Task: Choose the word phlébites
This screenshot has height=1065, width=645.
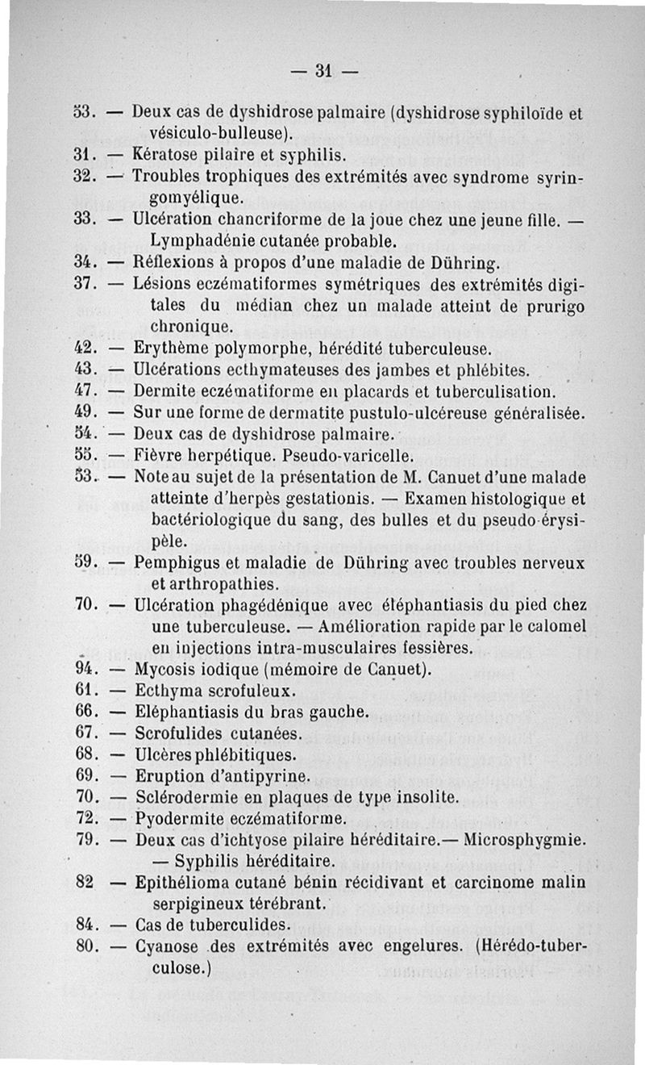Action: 490,371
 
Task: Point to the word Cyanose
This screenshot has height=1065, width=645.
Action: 164,946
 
